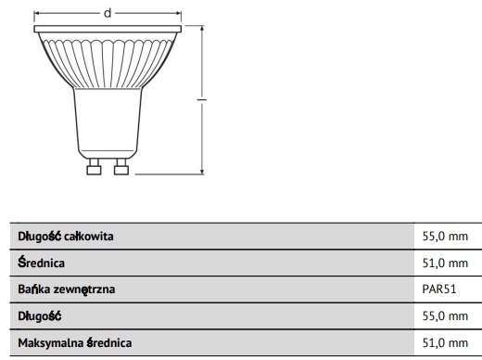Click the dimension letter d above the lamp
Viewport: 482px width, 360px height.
coord(108,13)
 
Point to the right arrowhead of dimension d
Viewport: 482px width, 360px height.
coord(178,13)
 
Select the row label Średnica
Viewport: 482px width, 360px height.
coord(41,264)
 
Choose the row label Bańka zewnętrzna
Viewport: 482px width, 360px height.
coord(67,289)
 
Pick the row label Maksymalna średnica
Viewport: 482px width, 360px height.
coord(74,343)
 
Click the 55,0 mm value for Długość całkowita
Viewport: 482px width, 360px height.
coord(444,237)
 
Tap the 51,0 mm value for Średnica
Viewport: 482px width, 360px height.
coord(444,264)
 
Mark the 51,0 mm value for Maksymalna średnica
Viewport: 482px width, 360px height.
coord(444,343)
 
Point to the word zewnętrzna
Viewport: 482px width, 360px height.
coord(86,289)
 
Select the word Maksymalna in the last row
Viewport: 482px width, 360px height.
coord(49,343)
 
